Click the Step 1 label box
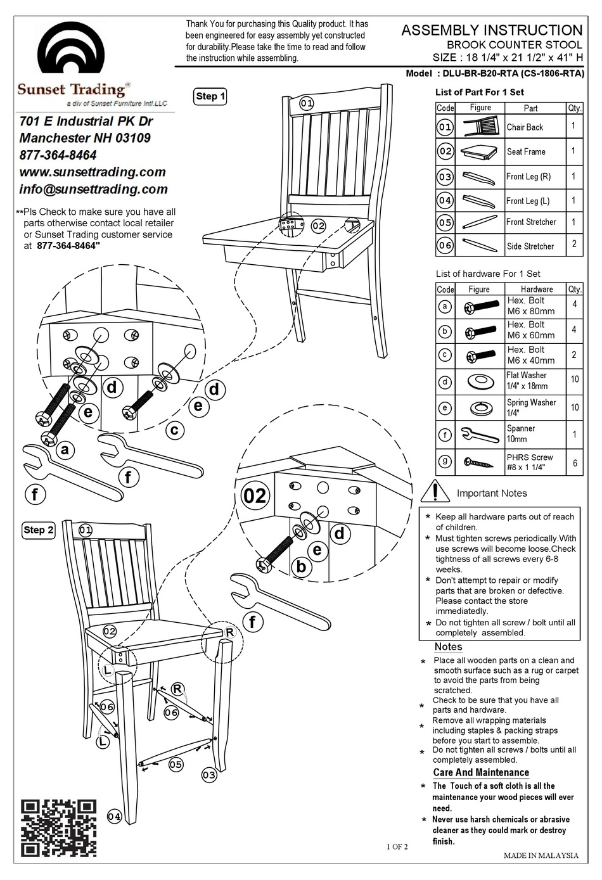click(x=210, y=96)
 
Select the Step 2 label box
click(x=39, y=530)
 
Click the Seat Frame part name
click(x=525, y=152)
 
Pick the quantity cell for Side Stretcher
click(x=573, y=245)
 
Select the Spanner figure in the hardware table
click(x=480, y=434)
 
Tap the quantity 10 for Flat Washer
click(x=574, y=379)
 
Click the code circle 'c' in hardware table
click(x=445, y=355)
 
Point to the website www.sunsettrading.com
click(x=93, y=172)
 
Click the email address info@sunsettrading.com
click(x=94, y=189)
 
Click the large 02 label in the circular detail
click(x=254, y=495)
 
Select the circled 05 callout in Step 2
click(x=176, y=765)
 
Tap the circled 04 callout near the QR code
click(x=114, y=817)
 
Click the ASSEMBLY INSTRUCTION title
click(x=492, y=30)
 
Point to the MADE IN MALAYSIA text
click(x=541, y=855)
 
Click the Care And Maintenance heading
click(x=480, y=772)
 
